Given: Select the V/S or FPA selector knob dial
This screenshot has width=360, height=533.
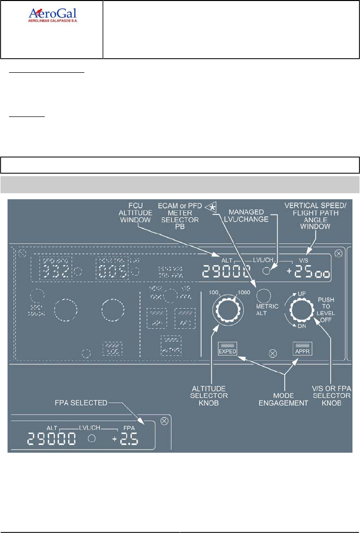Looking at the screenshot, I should [300, 312].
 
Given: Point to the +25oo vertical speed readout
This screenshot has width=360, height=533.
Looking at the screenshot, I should [308, 273].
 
